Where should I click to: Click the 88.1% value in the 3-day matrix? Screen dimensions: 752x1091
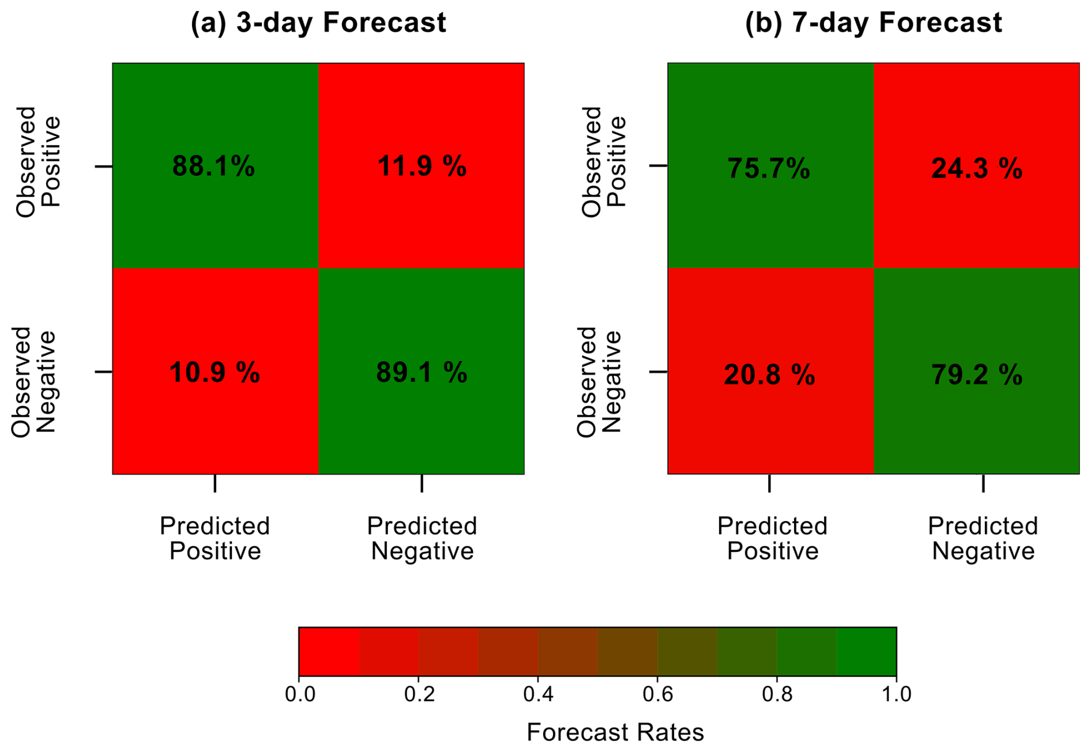213,167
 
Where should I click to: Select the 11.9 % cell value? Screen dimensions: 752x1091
422,167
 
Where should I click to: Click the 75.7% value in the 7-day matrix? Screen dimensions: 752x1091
769,169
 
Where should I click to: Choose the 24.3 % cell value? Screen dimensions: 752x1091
977,169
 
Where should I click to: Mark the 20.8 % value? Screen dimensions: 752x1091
769,375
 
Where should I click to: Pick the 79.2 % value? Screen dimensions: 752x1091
977,375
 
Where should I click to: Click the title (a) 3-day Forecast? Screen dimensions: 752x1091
318,23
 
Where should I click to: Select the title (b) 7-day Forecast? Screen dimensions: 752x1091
874,23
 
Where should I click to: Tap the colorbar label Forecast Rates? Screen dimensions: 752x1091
615,732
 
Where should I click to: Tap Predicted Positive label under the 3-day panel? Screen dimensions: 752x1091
215,538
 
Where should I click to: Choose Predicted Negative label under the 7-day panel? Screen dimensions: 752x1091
983,538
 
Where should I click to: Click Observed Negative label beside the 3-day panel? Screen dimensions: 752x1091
33,381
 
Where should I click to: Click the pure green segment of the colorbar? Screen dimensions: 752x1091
866,651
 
